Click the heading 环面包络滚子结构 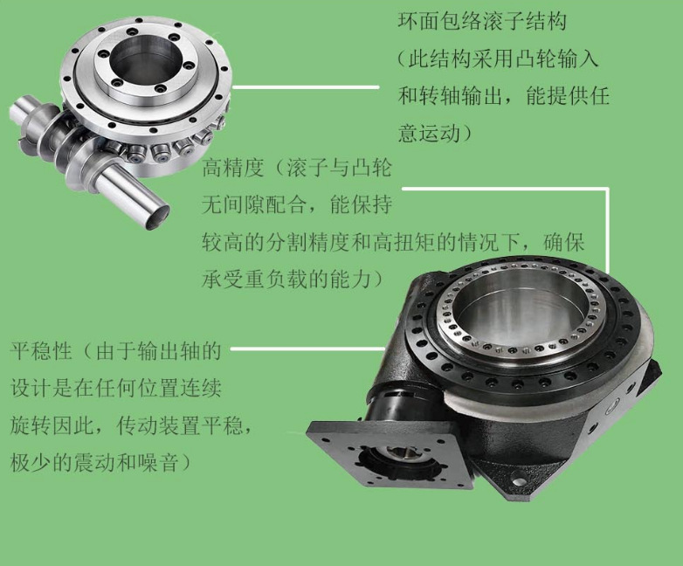(x=482, y=22)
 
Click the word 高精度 (x=233, y=168)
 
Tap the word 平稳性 (x=41, y=351)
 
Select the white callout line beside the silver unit (x=306, y=87)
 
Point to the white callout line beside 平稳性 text (x=307, y=349)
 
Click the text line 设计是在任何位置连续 (x=116, y=388)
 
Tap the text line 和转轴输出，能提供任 (x=503, y=96)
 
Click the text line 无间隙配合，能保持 (x=297, y=204)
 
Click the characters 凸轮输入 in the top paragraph (x=556, y=59)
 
